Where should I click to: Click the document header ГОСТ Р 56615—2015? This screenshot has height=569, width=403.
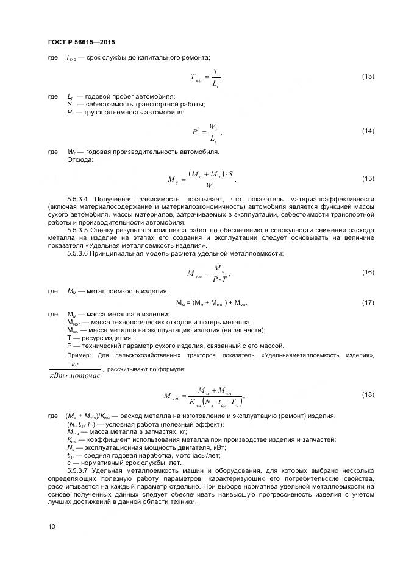[81, 42]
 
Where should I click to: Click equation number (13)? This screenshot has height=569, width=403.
[368, 76]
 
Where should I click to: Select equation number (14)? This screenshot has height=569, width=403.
[368, 131]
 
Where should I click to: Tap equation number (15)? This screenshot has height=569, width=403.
[368, 178]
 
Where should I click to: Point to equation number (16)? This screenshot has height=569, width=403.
[368, 272]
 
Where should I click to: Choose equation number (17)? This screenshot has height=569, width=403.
[368, 302]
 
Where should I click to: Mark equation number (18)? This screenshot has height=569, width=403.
[368, 394]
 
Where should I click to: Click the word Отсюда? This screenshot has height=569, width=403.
[79, 159]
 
